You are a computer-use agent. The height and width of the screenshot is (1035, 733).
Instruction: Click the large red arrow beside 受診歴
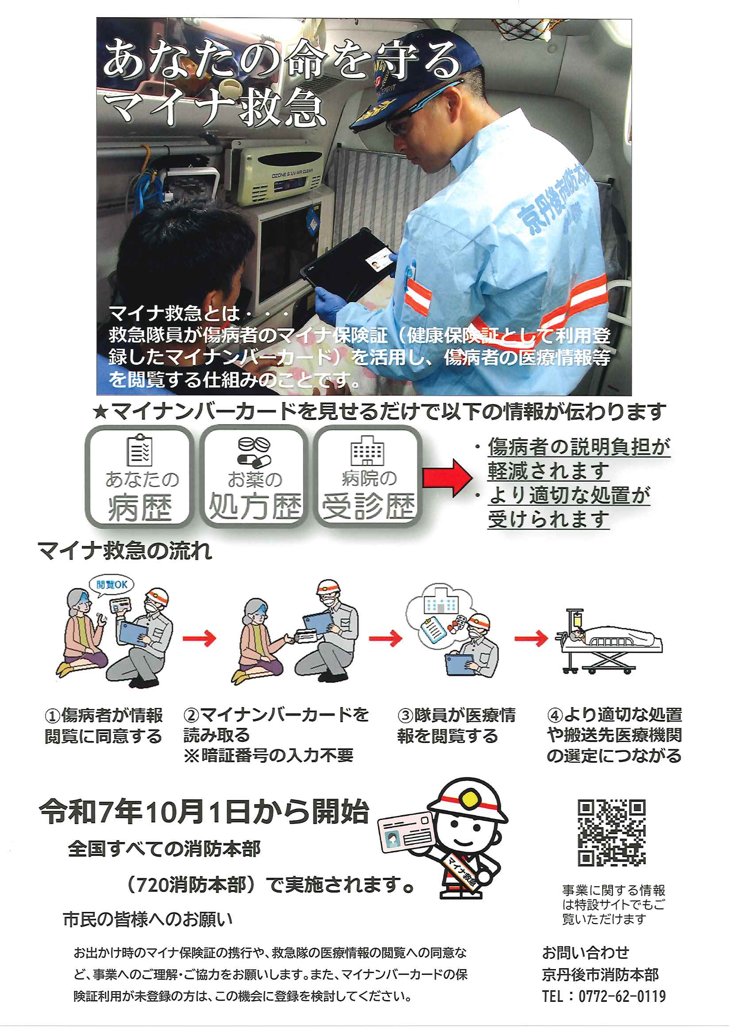tap(448, 478)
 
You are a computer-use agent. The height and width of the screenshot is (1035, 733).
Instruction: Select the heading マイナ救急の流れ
tap(124, 551)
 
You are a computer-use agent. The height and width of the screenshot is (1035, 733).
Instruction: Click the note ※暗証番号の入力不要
tap(269, 756)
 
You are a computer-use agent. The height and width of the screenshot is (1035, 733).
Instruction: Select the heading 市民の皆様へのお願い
tap(148, 920)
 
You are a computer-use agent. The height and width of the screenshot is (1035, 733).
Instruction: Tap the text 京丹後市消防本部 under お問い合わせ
tap(600, 975)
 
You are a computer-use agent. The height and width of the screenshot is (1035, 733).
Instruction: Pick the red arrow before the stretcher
tap(531, 639)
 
